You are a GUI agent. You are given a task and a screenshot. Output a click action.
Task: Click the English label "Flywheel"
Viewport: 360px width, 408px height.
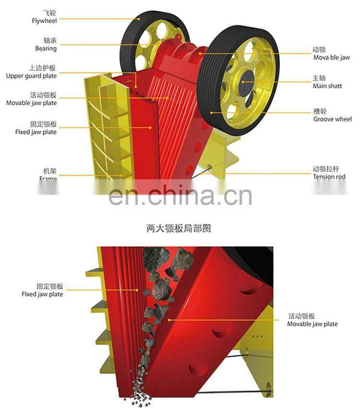pyautogui.click(x=44, y=21)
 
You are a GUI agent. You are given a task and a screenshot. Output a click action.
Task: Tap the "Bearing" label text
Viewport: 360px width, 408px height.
pyautogui.click(x=46, y=49)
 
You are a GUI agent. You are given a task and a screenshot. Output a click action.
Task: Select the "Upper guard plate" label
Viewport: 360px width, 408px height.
pyautogui.click(x=31, y=76)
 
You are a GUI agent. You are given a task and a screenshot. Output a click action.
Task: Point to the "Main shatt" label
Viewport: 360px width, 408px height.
pyautogui.click(x=327, y=86)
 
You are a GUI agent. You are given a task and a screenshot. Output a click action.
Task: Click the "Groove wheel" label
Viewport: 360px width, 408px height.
pyautogui.click(x=333, y=119)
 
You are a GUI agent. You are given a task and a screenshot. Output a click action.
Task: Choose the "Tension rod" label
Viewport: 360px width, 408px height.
pyautogui.click(x=329, y=177)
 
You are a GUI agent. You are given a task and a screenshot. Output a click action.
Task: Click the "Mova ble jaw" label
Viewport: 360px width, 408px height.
pyautogui.click(x=332, y=58)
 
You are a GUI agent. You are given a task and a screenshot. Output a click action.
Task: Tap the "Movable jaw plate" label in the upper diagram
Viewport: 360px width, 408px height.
pyautogui.click(x=31, y=103)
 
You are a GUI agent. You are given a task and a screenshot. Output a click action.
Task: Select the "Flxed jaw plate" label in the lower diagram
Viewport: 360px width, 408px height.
pyautogui.click(x=42, y=294)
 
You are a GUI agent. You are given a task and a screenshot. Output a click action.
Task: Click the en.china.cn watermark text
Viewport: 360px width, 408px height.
pyautogui.click(x=180, y=195)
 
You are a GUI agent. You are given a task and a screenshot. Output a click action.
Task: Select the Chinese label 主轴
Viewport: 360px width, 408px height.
pyautogui.click(x=320, y=78)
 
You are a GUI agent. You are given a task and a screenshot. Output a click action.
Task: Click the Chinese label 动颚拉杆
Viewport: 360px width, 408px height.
pyautogui.click(x=326, y=169)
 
